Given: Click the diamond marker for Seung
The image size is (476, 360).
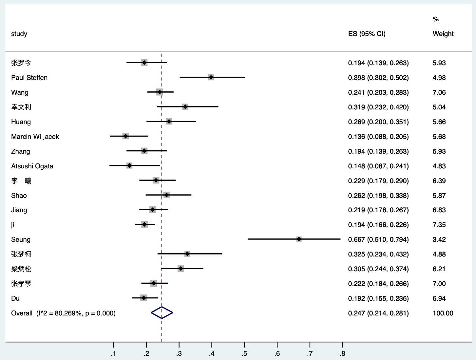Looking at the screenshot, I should (299, 239).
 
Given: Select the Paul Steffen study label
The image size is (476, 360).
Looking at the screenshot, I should (29, 78).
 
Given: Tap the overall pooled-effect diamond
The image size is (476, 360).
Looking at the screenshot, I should (162, 313).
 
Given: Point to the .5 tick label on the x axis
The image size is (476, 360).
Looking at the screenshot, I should (244, 353).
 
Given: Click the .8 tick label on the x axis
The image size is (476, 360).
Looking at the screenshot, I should (342, 353).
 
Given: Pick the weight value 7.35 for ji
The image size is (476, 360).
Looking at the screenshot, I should (439, 225).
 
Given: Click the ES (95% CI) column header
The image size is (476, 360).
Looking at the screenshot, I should (367, 34).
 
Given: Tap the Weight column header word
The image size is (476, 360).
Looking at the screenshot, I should (443, 34).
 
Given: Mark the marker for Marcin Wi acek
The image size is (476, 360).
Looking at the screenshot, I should (125, 136).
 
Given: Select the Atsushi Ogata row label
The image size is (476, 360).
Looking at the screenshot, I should (32, 166).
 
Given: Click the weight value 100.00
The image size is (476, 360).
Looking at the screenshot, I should (443, 313).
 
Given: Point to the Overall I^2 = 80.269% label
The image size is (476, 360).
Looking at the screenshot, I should (63, 313).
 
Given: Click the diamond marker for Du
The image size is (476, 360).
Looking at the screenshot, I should (143, 298).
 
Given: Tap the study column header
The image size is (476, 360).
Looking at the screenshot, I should (19, 34).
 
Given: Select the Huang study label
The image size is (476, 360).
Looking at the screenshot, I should (21, 122).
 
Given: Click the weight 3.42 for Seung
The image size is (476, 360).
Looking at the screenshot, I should (439, 239).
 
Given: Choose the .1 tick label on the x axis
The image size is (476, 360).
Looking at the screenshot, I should (113, 353).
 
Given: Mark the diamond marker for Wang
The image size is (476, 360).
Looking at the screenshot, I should (160, 92).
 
